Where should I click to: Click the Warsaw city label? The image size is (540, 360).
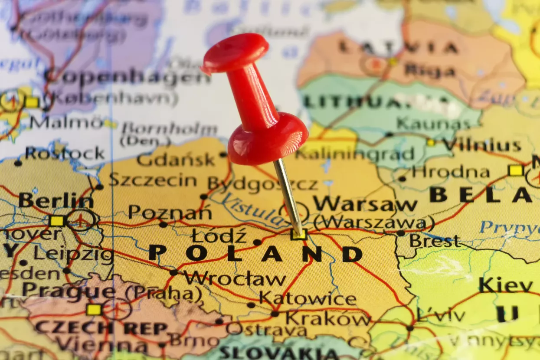click(x=365, y=203)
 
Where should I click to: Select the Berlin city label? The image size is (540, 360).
click(x=56, y=201)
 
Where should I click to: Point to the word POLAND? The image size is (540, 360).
click(x=255, y=254)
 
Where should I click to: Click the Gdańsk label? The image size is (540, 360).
click(x=176, y=160)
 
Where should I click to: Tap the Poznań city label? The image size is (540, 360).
click(x=170, y=213)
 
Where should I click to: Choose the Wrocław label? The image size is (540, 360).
click(x=235, y=278)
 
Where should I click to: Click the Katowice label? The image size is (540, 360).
click(x=308, y=299)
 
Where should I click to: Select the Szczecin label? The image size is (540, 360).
click(x=153, y=180)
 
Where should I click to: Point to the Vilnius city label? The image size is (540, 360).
click(x=481, y=146)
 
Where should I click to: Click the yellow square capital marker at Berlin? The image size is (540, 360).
click(x=56, y=221)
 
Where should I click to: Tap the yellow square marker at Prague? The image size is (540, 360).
click(x=93, y=309)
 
